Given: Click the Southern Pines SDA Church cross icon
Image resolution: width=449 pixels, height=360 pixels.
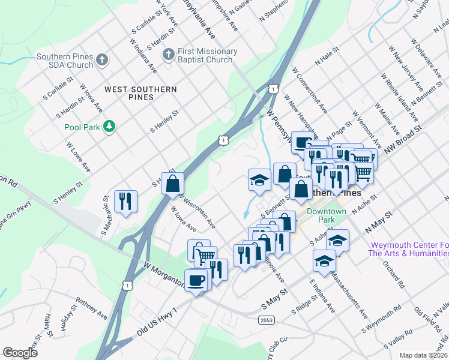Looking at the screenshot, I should pos(102,59).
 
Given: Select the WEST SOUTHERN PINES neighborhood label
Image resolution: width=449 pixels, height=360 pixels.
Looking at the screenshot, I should pos(140,92).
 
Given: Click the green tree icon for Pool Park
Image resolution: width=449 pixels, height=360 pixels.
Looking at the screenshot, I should pos(109,126).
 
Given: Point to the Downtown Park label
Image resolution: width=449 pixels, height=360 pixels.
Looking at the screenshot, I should pos(326,216).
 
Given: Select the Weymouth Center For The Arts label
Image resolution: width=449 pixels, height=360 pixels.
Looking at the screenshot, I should pos(409,249).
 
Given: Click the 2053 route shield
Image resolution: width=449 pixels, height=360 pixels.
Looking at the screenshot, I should pos(267,320).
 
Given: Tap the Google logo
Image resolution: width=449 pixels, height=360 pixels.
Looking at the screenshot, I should pos(20,353).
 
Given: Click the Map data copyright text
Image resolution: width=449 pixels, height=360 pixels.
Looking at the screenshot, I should pos(423,355).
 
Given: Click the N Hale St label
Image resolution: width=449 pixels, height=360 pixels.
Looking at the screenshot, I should pos(327,60).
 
